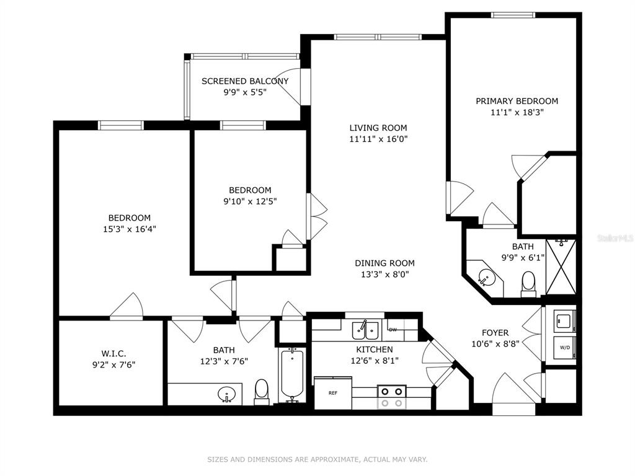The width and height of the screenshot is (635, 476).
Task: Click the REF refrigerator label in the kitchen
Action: (333, 393)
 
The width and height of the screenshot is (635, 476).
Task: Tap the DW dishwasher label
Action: (393, 330)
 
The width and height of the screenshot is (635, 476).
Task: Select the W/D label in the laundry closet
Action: (564, 347)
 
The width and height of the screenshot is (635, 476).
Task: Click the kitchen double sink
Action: (365, 330)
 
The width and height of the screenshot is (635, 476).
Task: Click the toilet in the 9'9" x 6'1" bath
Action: (528, 283)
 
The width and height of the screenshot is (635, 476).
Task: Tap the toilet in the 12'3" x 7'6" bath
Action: (262, 392)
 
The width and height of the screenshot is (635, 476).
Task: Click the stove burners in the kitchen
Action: (392, 397)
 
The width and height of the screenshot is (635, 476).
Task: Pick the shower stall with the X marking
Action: (561, 267)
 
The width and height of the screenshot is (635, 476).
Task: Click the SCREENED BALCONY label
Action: (245, 81)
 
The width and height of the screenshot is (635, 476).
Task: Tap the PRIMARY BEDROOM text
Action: (517, 101)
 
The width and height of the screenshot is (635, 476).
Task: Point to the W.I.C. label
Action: (113, 353)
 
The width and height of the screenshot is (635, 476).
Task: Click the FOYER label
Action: (495, 333)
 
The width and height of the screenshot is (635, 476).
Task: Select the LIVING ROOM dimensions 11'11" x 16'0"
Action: (378, 139)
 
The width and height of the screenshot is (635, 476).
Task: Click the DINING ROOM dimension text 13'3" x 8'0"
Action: (384, 275)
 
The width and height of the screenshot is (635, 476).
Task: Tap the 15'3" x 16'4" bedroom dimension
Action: (130, 229)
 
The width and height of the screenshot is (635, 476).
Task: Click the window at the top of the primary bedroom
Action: (513, 15)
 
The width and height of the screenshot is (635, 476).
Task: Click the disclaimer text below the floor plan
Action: (317, 459)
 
